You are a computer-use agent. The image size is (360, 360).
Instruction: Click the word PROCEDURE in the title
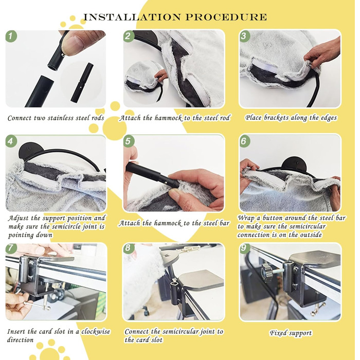tap(226, 17)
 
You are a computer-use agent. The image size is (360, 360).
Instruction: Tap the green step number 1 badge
tap(11, 37)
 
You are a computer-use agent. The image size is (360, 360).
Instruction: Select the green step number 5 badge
tap(129, 141)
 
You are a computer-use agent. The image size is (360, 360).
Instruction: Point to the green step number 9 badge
tap(245, 248)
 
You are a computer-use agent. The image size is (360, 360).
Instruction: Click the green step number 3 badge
tap(244, 36)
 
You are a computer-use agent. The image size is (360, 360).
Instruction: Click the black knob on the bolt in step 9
tap(266, 273)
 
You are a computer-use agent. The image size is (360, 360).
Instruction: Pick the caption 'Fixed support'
tap(291, 333)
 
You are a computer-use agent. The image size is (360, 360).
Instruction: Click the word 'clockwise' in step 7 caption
tap(96, 332)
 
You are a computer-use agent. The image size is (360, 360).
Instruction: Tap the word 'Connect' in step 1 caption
tap(20, 118)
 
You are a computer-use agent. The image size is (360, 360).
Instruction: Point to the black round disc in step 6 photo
tap(295, 166)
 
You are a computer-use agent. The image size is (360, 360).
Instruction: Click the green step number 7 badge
tap(11, 248)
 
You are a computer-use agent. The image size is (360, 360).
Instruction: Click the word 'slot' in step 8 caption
tap(157, 340)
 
